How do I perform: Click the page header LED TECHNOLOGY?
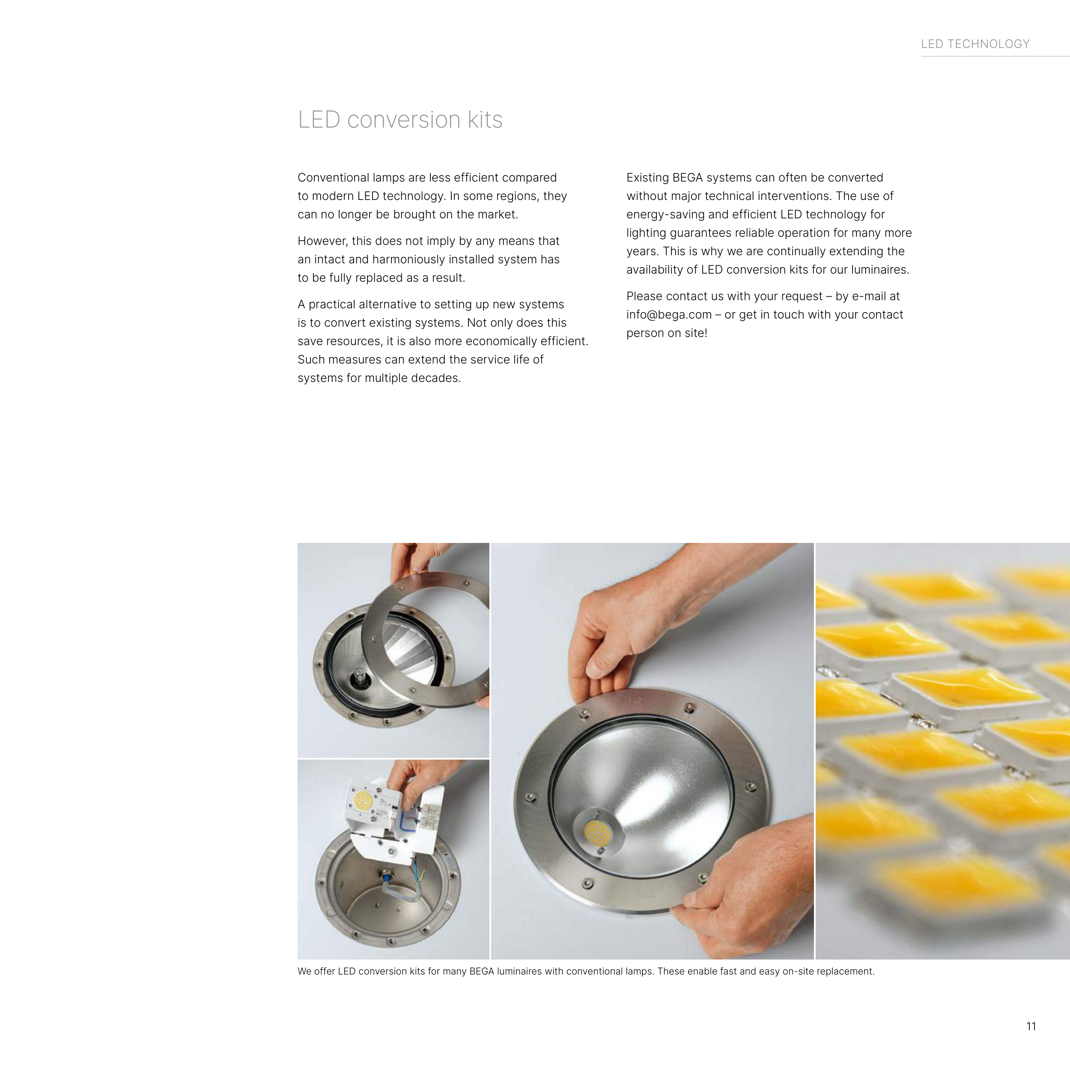click(975, 44)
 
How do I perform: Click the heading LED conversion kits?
click(400, 119)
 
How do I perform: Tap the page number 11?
click(1031, 1026)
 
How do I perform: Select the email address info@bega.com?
click(669, 315)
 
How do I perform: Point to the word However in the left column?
click(322, 241)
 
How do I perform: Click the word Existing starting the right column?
click(647, 178)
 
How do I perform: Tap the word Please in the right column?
click(644, 296)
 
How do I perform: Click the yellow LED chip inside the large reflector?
click(596, 834)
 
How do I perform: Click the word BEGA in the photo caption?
click(481, 972)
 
